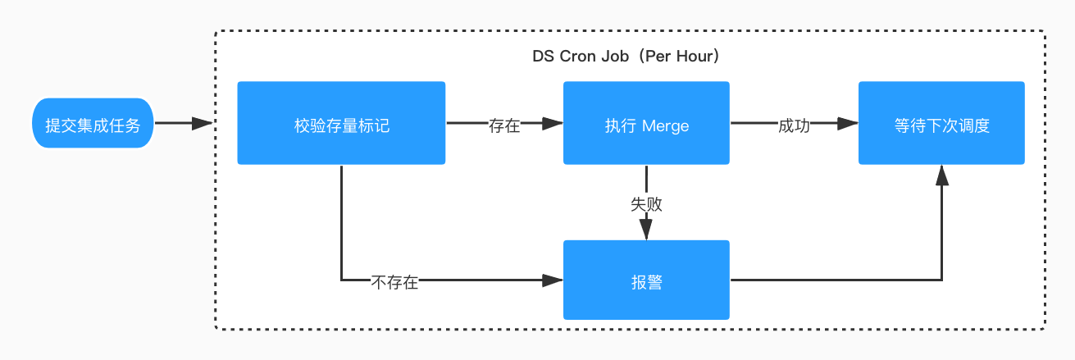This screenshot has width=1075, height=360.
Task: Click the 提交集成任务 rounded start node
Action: click(x=93, y=125)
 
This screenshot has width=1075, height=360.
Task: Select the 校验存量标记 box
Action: click(x=341, y=125)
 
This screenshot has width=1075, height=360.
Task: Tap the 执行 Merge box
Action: click(x=646, y=125)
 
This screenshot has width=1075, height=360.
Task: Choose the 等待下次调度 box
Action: click(x=941, y=125)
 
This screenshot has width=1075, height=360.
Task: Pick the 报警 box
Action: click(x=646, y=281)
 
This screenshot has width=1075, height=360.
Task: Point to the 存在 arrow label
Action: click(x=504, y=125)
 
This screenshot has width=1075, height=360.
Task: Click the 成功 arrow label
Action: click(x=794, y=125)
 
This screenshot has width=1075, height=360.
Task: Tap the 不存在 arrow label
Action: click(x=394, y=282)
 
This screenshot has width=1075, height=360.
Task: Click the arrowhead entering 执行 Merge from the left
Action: click(x=553, y=125)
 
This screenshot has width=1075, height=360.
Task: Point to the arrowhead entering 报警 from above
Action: click(x=646, y=230)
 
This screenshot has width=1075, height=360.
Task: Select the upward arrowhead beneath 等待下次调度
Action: click(x=941, y=174)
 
